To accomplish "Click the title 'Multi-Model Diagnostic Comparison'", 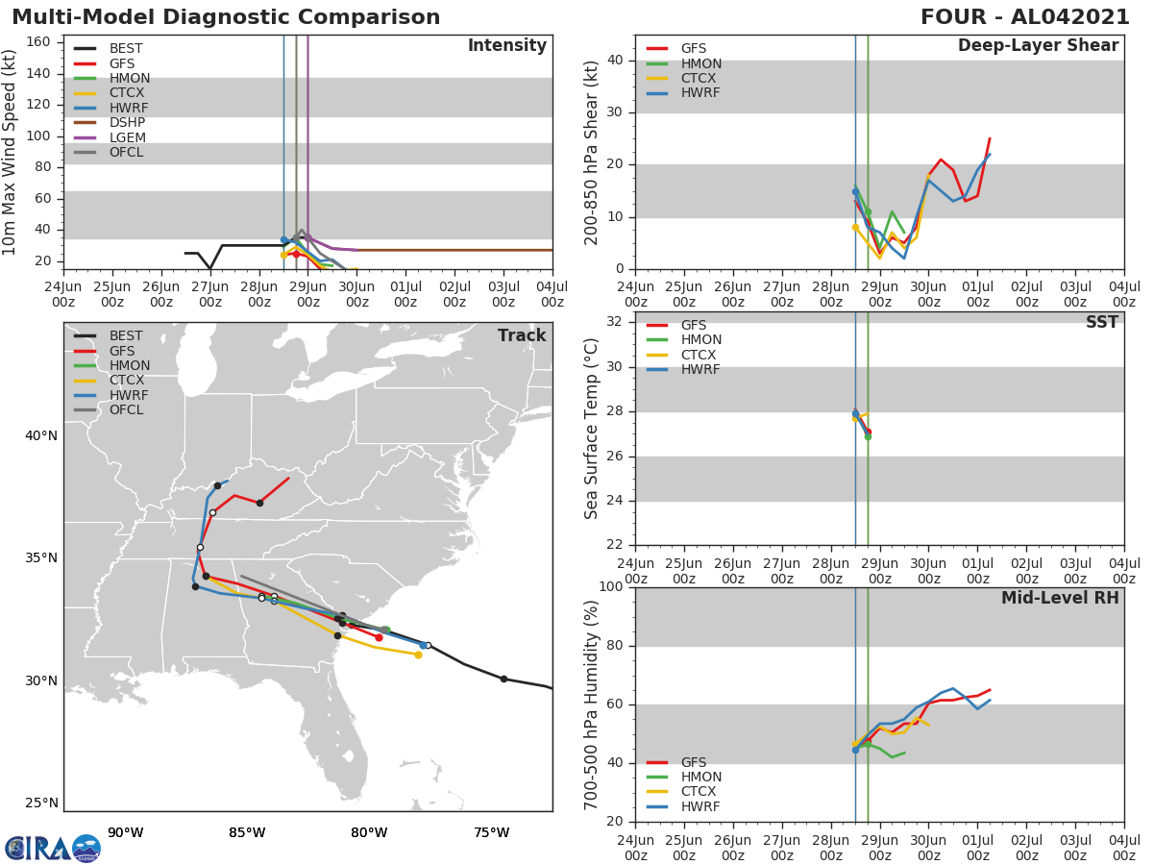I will tap(226, 17).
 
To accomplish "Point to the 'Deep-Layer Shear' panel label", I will tap(1038, 46).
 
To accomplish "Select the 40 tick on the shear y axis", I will tap(615, 60).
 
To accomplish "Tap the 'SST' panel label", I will tap(1101, 322).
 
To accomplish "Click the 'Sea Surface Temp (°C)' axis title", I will tap(592, 429).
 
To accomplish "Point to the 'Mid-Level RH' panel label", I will tap(1059, 598).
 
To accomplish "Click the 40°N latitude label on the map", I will tap(41, 435).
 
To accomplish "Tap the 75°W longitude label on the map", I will tap(491, 832).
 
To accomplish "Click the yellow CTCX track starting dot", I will tap(418, 655).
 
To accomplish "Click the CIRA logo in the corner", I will tap(53, 848).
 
